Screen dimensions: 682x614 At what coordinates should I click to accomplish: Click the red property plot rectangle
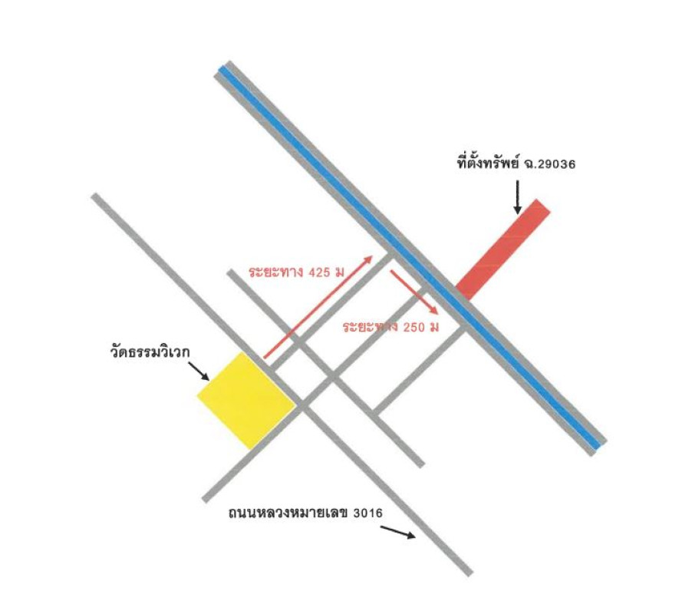click(502, 249)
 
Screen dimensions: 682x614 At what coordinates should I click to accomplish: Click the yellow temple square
click(246, 401)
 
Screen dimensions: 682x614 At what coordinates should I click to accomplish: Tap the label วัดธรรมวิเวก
click(150, 350)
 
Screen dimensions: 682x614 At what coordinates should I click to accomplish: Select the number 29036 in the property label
click(556, 164)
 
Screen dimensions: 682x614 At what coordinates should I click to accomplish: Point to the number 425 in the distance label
click(319, 272)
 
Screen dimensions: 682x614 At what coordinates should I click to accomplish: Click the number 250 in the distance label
click(413, 327)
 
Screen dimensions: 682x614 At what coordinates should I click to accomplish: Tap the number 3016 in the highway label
click(368, 513)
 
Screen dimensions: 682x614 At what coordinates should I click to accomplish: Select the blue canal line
click(410, 257)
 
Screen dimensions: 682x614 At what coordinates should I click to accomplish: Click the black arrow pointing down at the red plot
click(517, 197)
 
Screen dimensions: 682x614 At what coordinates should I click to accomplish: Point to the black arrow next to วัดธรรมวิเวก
click(199, 371)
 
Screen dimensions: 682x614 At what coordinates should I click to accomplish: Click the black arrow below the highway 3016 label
click(398, 532)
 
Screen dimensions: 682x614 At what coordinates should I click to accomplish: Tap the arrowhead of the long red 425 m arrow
click(369, 259)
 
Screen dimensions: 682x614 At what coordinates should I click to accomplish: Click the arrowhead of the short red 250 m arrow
click(433, 309)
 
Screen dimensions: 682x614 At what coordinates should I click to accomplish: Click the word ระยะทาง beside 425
click(275, 272)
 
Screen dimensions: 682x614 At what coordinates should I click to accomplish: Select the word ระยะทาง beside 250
click(370, 327)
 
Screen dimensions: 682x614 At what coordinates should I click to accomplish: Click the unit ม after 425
click(340, 272)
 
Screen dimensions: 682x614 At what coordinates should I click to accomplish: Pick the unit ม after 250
click(434, 327)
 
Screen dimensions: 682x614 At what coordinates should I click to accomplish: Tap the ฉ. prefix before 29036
click(530, 164)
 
